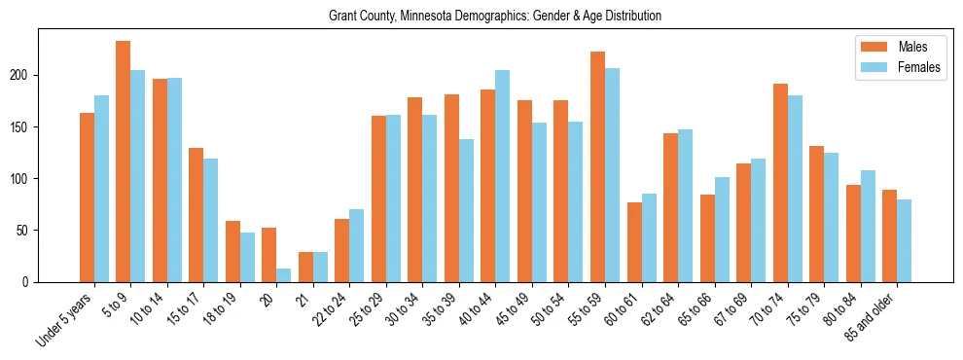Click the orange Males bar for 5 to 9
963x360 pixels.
pos(124,162)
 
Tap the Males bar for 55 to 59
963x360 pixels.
pos(597,166)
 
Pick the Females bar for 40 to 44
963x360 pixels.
pos(503,176)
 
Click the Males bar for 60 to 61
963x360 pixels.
pos(634,242)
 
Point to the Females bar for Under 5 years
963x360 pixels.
pos(101,189)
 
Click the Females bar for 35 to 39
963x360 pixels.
pos(466,210)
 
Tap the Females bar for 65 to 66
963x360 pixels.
pos(722,230)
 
